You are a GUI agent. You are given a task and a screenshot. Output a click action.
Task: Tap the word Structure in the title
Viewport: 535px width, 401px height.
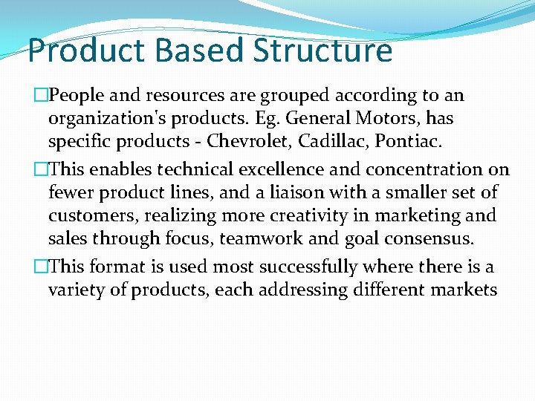coord(322,50)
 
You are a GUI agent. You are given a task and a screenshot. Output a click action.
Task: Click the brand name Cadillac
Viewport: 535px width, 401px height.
coord(334,141)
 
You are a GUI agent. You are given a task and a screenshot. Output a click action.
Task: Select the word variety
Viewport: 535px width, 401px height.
coord(74,290)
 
